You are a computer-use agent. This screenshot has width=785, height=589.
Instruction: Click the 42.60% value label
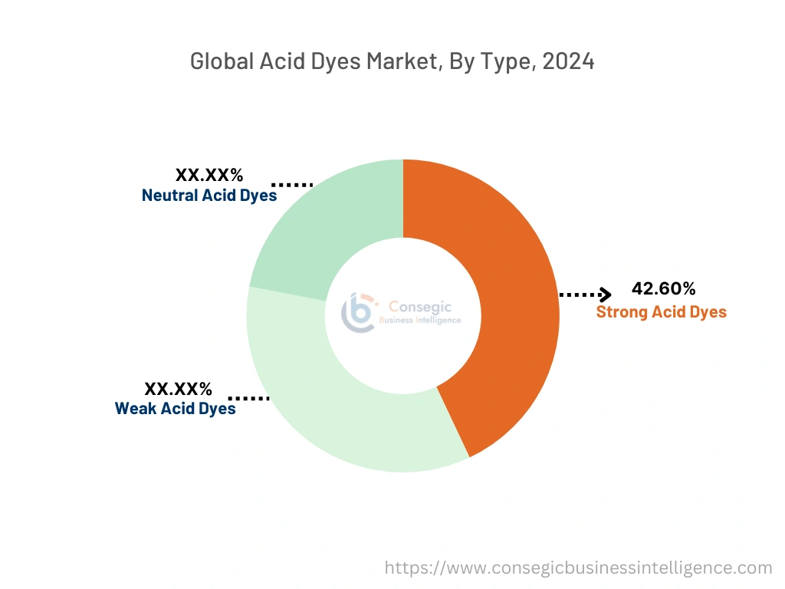[x=663, y=289]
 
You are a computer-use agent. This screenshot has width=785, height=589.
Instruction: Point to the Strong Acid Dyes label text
[x=661, y=312]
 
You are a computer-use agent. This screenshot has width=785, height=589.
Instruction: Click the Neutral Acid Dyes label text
[x=209, y=196]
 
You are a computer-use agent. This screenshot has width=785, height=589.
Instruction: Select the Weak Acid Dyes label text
[x=175, y=408]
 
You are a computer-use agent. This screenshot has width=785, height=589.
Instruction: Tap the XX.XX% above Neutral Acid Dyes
[x=209, y=175]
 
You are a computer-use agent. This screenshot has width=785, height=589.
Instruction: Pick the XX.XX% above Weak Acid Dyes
[x=178, y=388]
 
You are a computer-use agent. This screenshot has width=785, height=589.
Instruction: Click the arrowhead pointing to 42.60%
[x=606, y=294]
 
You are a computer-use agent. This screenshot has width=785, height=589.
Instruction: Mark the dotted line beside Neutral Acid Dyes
[x=292, y=185]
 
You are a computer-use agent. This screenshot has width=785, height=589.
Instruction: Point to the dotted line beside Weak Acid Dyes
[x=248, y=399]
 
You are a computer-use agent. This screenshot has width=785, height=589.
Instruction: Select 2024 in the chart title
[x=568, y=62]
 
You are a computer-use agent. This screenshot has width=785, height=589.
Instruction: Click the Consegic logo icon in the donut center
[x=358, y=312]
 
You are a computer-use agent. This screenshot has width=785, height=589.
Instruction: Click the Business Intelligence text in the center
[x=420, y=320]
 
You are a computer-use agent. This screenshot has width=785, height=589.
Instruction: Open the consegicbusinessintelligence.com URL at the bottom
[x=578, y=568]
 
